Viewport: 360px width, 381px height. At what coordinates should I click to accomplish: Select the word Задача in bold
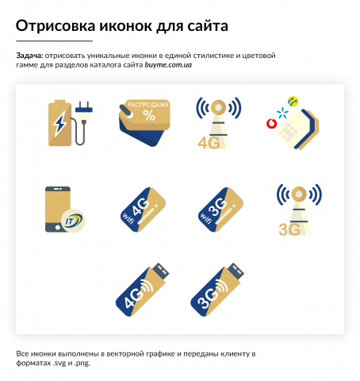29,56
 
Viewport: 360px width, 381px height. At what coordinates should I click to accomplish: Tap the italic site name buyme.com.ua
168,64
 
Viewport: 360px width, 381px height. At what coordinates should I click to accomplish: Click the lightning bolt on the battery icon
59,123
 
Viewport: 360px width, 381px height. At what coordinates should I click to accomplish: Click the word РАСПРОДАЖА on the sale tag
144,104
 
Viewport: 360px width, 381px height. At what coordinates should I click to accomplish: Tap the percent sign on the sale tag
149,115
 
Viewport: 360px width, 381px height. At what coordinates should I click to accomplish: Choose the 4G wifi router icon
140,208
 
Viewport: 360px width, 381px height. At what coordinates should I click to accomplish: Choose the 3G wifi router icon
220,208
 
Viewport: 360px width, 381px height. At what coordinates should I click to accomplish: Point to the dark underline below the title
54,40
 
